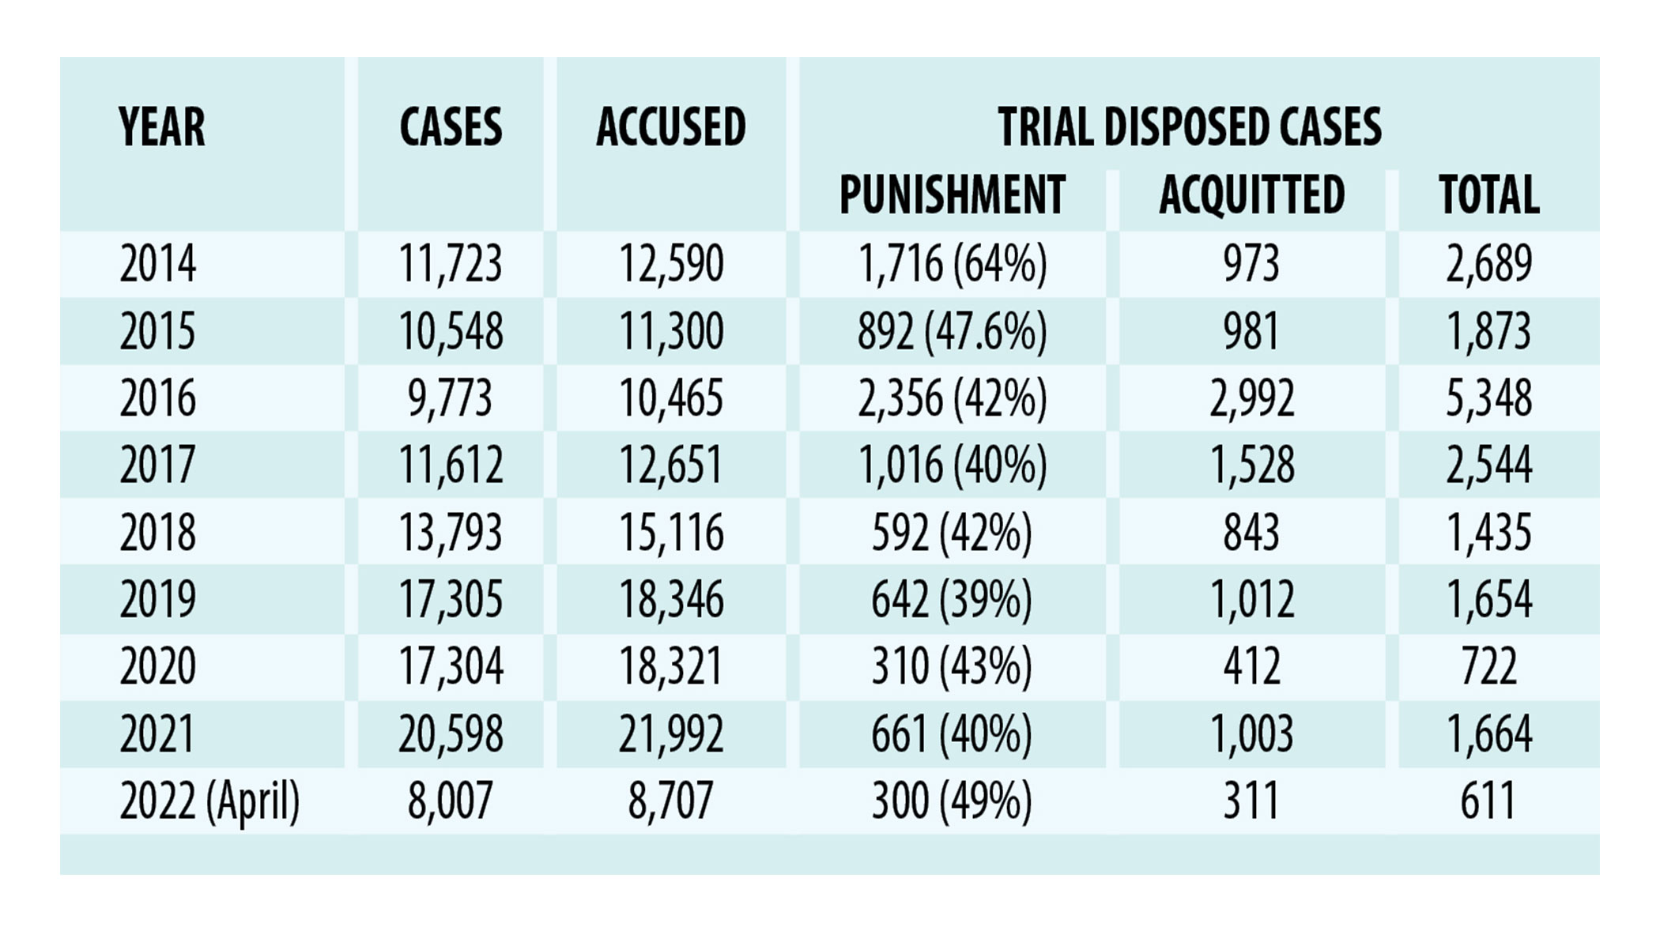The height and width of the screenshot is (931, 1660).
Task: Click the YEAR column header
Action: click(x=161, y=127)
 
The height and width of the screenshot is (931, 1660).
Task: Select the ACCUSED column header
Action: click(x=671, y=127)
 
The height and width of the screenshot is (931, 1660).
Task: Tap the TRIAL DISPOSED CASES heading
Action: click(x=1190, y=127)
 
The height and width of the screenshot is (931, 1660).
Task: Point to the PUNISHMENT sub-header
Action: click(x=952, y=194)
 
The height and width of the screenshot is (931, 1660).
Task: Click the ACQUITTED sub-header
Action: click(x=1251, y=194)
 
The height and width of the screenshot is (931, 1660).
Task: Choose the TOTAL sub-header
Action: click(x=1488, y=194)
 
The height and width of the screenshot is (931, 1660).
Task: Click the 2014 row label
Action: click(x=158, y=264)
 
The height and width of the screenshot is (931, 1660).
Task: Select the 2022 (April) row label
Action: click(x=209, y=801)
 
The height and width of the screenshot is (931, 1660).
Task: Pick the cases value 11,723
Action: click(x=451, y=264)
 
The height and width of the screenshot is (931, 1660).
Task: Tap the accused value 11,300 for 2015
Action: click(x=671, y=331)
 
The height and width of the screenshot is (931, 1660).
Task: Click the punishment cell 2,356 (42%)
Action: click(x=952, y=398)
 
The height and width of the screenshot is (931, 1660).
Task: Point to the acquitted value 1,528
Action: click(x=1252, y=465)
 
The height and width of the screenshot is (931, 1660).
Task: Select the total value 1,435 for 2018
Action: click(x=1488, y=532)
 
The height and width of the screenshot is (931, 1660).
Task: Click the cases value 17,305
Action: click(x=451, y=599)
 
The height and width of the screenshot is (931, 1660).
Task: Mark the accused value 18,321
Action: click(x=671, y=666)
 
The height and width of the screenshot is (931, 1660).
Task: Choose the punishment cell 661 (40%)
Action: click(x=952, y=733)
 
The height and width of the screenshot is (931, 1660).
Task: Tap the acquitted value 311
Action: click(x=1251, y=801)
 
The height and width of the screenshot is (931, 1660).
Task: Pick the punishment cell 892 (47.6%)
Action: click(x=952, y=331)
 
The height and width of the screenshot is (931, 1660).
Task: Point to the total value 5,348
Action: click(x=1488, y=398)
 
